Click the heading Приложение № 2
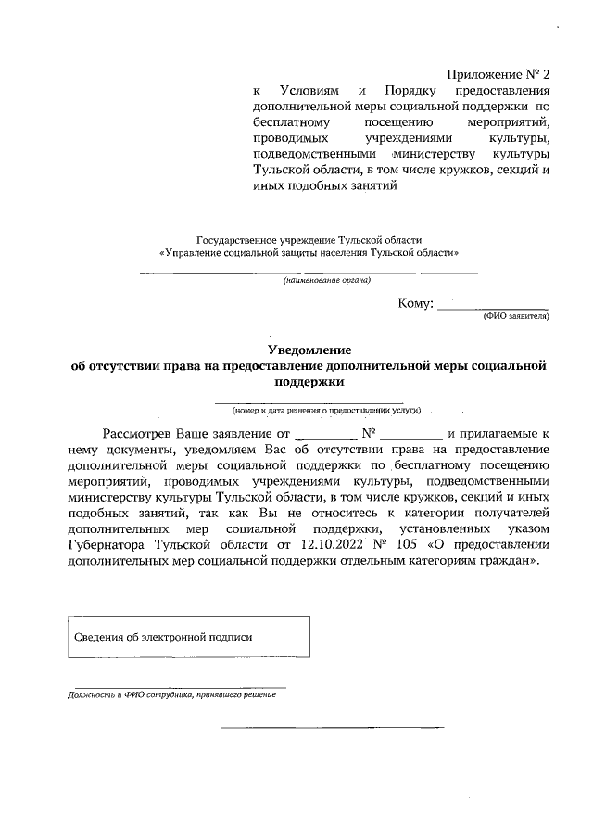(498, 73)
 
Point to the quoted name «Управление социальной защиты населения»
(309, 252)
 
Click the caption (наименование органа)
(326, 280)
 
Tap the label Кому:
(415, 304)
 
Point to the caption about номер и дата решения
(326, 409)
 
